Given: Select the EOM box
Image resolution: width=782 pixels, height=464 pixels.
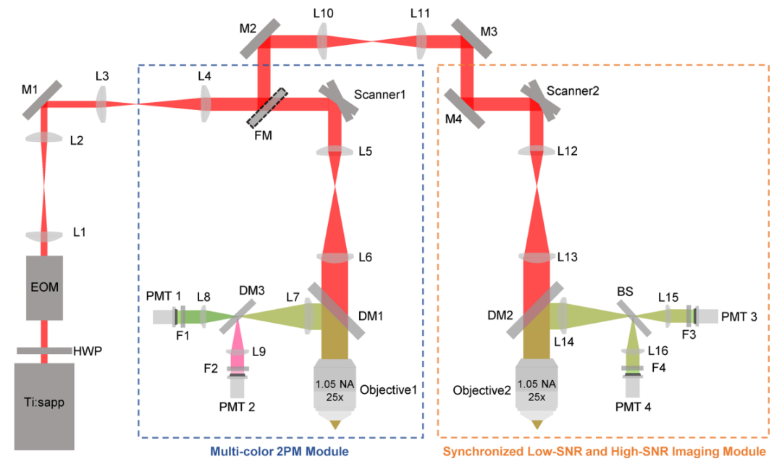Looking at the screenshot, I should (x=45, y=287).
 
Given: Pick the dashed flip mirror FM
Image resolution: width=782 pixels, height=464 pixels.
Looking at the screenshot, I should (x=266, y=108).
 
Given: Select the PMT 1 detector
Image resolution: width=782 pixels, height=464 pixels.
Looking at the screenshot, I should (x=164, y=317).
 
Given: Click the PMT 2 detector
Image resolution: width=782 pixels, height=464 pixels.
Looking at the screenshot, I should (x=237, y=387).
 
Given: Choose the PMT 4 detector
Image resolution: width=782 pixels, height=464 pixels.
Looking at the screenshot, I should (x=633, y=387).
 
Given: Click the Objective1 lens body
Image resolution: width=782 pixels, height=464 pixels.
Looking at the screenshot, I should (x=335, y=391).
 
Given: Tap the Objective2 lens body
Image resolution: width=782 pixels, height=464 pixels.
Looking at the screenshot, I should (x=537, y=391).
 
